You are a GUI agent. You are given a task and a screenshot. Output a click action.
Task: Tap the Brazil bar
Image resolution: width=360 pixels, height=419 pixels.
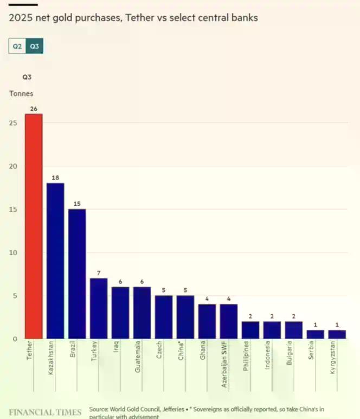pos(77,274)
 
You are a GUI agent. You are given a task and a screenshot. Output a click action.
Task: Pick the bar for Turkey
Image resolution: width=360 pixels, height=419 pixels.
pos(99,308)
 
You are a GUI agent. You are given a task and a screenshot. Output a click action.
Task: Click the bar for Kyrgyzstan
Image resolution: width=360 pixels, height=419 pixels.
pos(337,334)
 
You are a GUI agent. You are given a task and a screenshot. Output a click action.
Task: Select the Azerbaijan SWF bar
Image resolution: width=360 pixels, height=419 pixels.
pos(228,321)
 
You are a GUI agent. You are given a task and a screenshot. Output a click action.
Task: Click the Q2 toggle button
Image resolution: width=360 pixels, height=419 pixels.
pos(17,47)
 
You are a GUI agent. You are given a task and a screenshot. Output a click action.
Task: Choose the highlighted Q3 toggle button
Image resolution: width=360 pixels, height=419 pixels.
pos(34,47)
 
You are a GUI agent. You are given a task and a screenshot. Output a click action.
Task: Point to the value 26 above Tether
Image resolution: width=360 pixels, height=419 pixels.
pos(34,109)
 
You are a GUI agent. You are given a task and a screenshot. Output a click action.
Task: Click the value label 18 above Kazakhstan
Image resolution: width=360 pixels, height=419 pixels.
pos(55,177)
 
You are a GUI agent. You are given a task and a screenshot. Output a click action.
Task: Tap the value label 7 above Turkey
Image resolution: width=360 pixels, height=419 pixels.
pos(99,273)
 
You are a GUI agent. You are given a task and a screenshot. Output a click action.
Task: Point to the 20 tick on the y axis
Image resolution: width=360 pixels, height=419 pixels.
pos(14,166)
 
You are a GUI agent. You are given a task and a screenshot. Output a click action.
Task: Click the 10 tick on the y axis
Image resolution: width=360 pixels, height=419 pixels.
pos(14,252)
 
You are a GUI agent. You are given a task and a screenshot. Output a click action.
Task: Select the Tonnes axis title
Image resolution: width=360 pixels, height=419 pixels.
pos(21,93)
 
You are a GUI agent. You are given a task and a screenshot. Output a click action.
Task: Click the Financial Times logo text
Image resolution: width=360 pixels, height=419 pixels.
pos(45,412)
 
